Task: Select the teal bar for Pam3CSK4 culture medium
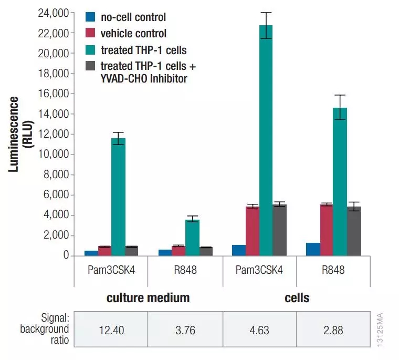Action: [x=118, y=197]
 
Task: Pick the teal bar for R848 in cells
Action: [x=340, y=182]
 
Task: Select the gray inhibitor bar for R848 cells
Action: [x=354, y=231]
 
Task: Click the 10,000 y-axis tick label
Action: [x=54, y=154]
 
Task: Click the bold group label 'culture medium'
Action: [x=148, y=299]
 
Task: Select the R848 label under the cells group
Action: [x=334, y=270]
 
